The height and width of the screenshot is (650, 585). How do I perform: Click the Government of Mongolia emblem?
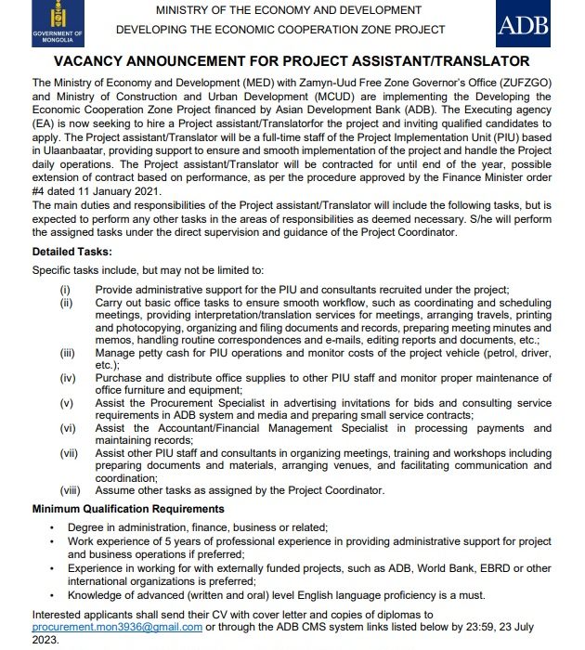(57, 21)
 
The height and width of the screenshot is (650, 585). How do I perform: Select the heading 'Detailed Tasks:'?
(72, 252)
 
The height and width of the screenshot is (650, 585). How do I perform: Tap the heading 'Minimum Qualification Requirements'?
(128, 509)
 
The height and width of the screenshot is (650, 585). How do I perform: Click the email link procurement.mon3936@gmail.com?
(117, 627)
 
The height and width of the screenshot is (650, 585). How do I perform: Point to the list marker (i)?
(65, 290)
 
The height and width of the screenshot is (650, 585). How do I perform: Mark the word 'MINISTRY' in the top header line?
(188, 9)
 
